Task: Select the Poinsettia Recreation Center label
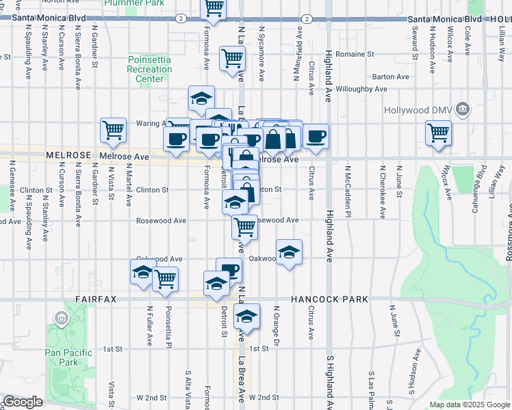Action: pyautogui.click(x=150, y=70)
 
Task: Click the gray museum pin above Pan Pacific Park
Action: pyautogui.click(x=62, y=318)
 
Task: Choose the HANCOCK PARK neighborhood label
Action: pyautogui.click(x=329, y=299)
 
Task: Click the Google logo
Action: pyautogui.click(x=22, y=402)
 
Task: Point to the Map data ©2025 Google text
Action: pyautogui.click(x=469, y=405)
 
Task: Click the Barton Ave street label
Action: pyautogui.click(x=391, y=78)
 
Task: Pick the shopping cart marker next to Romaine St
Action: pyautogui.click(x=233, y=58)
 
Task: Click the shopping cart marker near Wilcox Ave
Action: pyautogui.click(x=438, y=133)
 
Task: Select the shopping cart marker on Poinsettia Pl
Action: pyautogui.click(x=165, y=279)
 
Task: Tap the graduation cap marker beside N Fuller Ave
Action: pyautogui.click(x=143, y=272)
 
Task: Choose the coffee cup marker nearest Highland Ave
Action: pyautogui.click(x=316, y=136)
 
